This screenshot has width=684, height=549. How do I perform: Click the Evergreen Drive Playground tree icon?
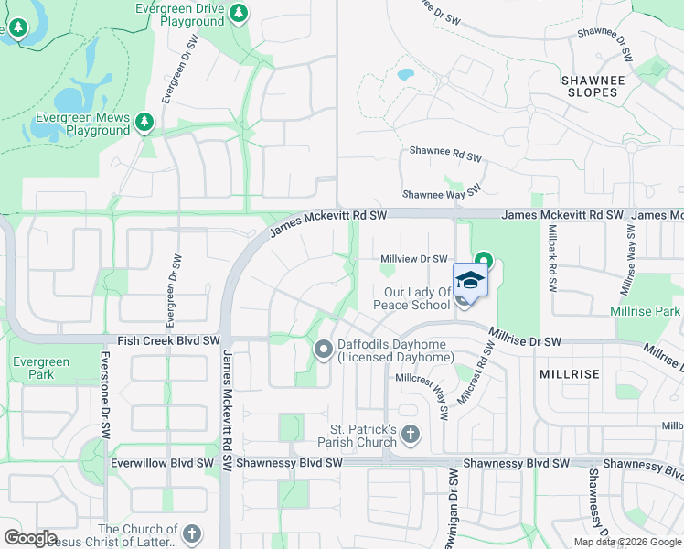(239, 13)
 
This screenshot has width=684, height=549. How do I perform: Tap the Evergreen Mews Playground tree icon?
(144, 122)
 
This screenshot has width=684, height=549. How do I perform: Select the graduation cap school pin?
(470, 280)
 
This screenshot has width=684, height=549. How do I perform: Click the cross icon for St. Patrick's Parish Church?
(410, 433)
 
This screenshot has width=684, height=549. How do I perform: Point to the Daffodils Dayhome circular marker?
(323, 349)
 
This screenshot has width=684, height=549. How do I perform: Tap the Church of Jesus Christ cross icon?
(191, 533)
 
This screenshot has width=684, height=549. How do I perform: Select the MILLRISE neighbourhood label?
(570, 375)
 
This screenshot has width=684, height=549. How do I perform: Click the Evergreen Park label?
(41, 368)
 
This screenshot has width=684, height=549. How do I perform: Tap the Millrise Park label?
(646, 312)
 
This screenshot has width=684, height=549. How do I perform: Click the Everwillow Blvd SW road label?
(162, 463)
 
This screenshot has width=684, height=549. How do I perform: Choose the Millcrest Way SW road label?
(422, 393)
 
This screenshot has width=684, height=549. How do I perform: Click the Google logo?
(30, 538)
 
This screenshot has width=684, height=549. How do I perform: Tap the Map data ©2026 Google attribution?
(627, 542)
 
